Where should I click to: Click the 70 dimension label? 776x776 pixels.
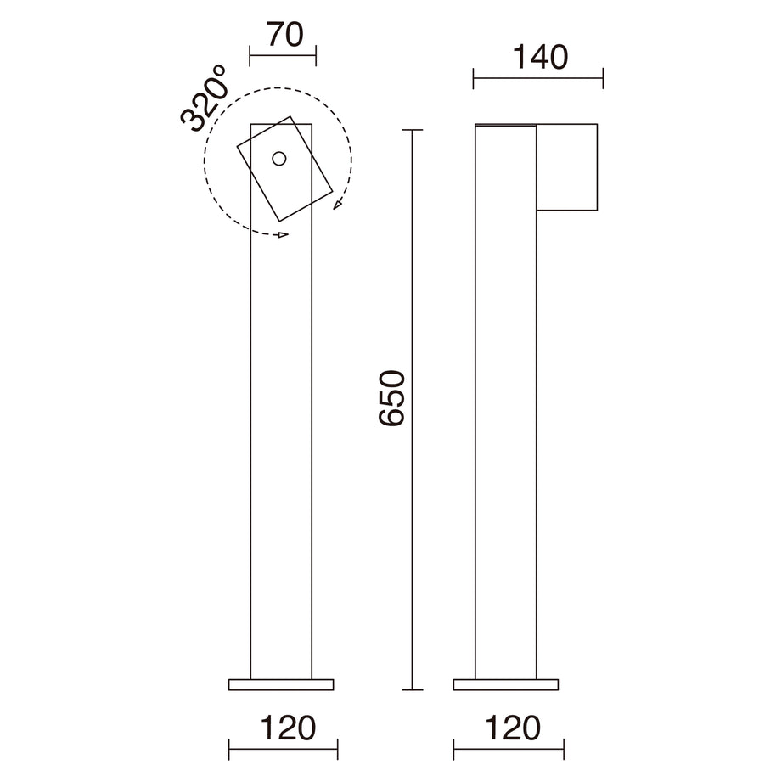(285, 35)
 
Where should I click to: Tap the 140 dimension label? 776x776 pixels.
(540, 57)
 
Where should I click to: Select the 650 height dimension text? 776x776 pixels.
(392, 398)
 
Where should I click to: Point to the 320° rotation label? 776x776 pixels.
(205, 99)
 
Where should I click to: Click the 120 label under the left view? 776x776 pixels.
(288, 728)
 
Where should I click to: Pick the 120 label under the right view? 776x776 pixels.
(513, 728)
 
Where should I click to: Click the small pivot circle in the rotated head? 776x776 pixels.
(279, 159)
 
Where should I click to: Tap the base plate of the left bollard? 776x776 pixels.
(281, 685)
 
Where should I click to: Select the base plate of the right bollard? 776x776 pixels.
(506, 685)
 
